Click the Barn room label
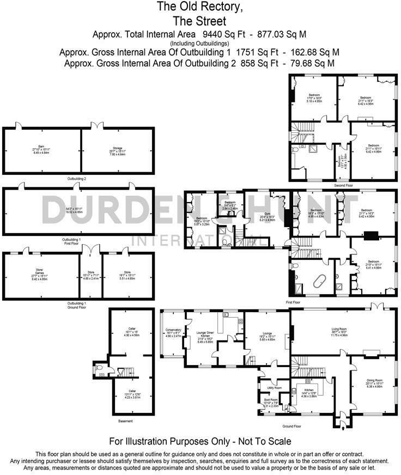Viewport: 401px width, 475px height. pos(37,147)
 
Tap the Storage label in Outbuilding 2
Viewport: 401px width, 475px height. pos(118,147)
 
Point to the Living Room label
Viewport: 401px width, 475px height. pos(343,329)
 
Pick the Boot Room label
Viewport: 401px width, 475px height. pos(271,399)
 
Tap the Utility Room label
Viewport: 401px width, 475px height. pos(274,387)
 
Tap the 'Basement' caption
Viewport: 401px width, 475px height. pos(126,421)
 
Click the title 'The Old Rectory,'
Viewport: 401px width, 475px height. pos(200,7)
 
